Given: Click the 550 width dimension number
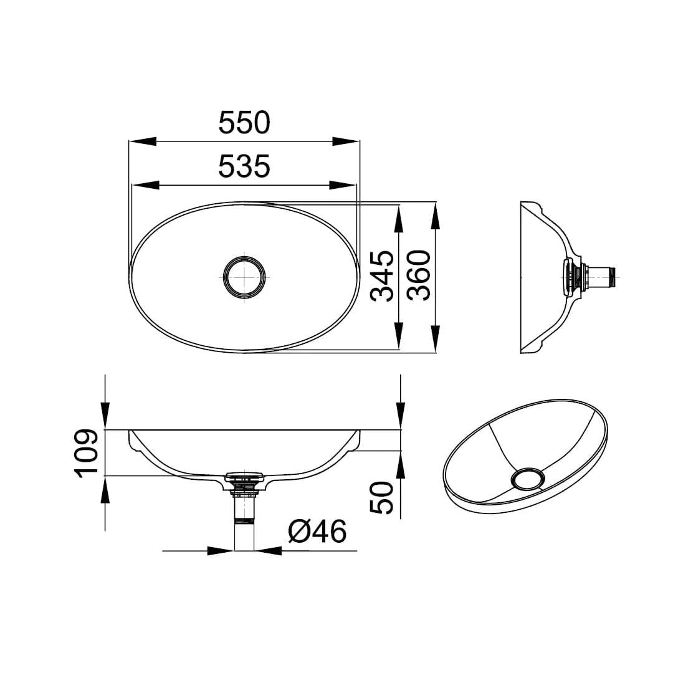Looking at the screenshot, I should [244, 123].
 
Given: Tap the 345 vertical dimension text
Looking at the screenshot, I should [381, 276].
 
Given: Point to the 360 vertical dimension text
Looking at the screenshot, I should [418, 276].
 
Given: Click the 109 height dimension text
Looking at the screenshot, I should [87, 453].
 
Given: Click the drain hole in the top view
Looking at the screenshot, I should [244, 277].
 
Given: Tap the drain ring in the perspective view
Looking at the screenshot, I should [527, 479].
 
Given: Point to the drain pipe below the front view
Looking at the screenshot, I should [244, 523].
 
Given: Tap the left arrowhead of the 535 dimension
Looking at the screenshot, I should [145, 185].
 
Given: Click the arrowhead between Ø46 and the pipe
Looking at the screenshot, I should [269, 551].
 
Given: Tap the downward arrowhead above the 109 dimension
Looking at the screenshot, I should [105, 416].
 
